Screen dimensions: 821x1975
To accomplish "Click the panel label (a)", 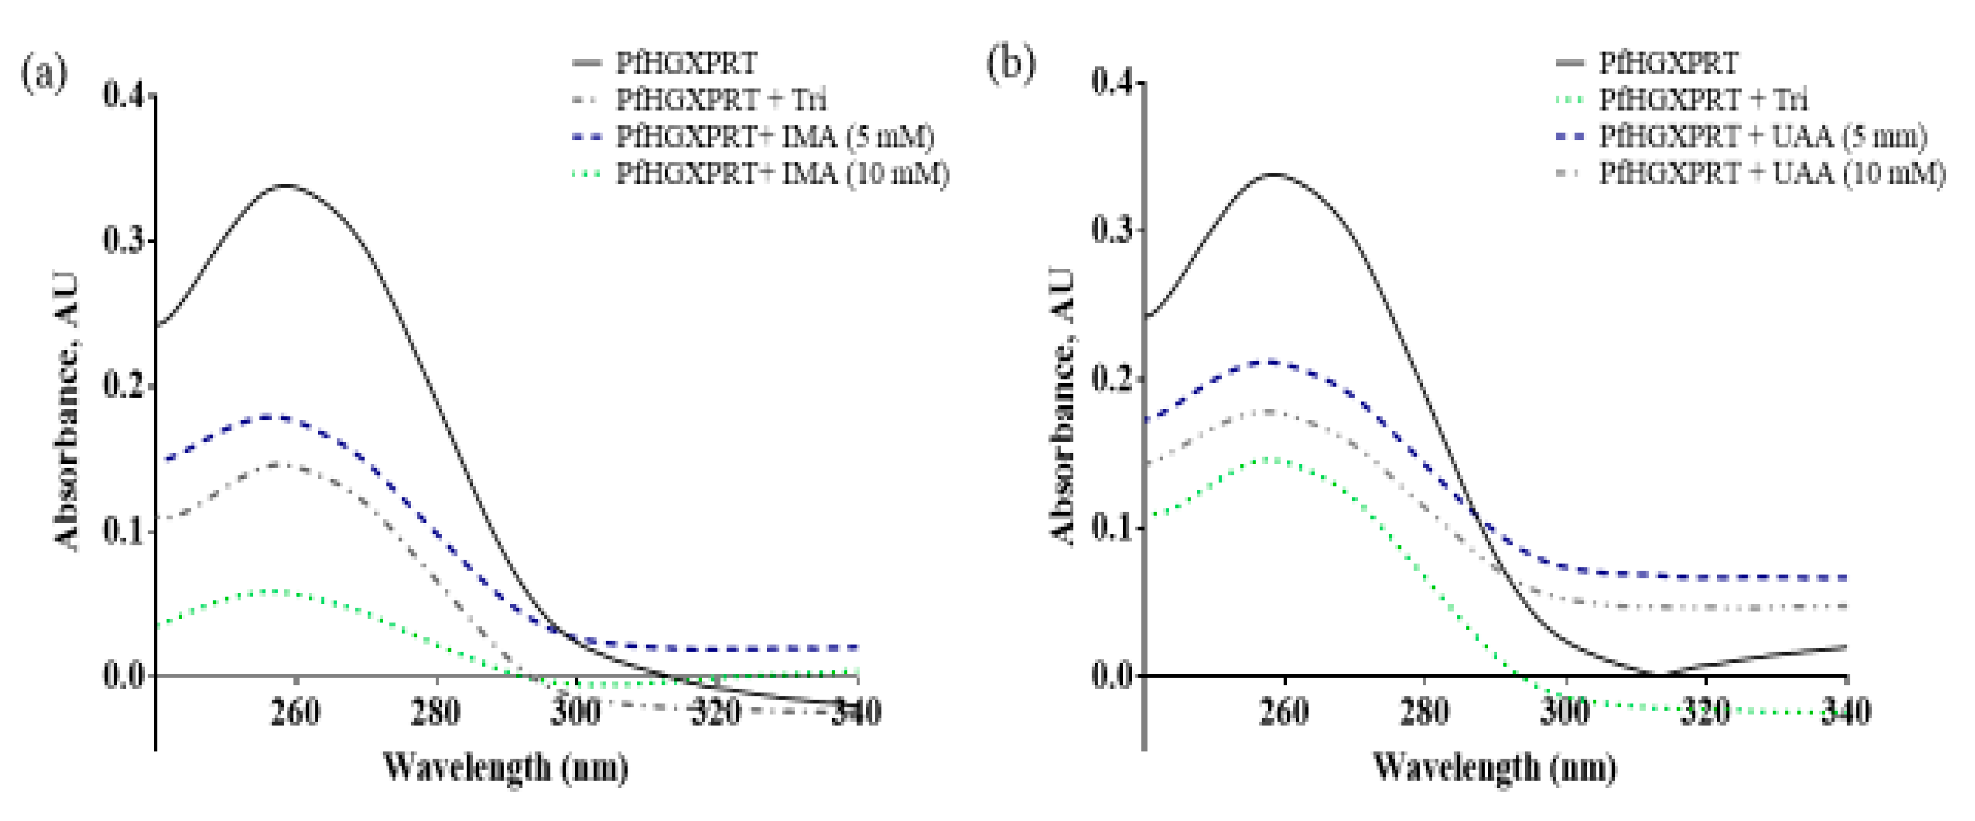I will pyautogui.click(x=44, y=73).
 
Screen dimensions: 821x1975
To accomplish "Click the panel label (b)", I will pyautogui.click(x=1011, y=63).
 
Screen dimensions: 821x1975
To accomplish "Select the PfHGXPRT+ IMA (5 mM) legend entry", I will pyautogui.click(x=775, y=137).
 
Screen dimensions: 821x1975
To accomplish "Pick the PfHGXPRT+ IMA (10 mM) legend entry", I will pyautogui.click(x=782, y=174).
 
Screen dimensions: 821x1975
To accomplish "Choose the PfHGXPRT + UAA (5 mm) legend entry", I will pyautogui.click(x=1762, y=137).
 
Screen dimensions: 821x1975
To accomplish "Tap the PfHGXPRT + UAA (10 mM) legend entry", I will pyautogui.click(x=1771, y=174).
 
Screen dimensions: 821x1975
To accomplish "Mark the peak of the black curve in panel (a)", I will pyautogui.click(x=286, y=185).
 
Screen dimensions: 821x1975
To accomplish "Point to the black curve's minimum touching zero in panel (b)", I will pyautogui.click(x=1656, y=675).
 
